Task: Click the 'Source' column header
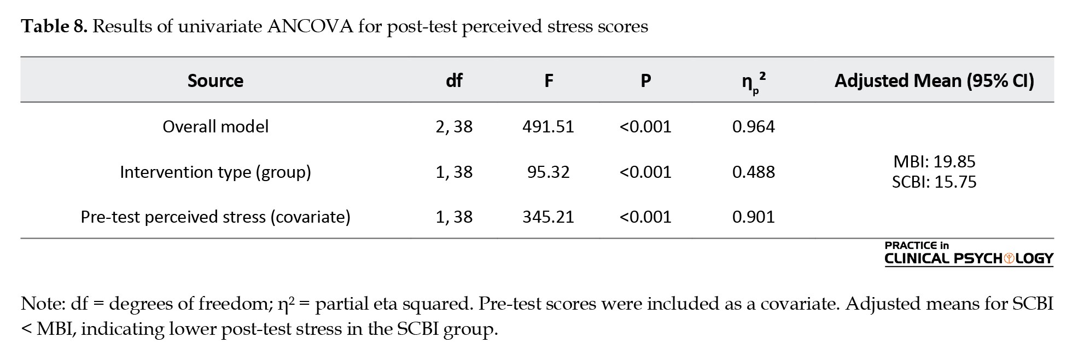[215, 81]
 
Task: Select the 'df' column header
[454, 81]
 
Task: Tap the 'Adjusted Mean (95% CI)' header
[934, 81]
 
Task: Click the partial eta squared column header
[754, 82]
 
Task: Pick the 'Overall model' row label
[215, 127]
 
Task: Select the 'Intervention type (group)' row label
[215, 172]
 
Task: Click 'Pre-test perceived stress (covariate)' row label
[215, 217]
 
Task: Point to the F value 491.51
[548, 127]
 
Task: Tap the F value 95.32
[548, 172]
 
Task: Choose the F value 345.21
[548, 217]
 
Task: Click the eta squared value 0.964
[754, 127]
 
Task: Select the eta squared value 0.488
[754, 172]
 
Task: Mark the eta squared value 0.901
[754, 217]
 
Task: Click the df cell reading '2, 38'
[454, 127]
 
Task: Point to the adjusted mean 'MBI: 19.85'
[934, 161]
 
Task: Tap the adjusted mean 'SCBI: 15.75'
[934, 182]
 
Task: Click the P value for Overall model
[645, 127]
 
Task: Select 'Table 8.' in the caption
[54, 26]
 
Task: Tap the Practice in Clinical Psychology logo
[969, 254]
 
